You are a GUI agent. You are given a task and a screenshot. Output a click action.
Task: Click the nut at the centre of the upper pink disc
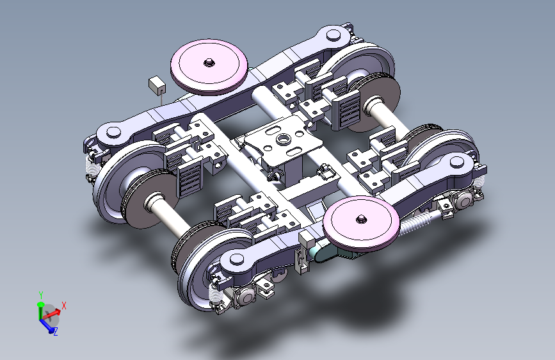coord(209,63)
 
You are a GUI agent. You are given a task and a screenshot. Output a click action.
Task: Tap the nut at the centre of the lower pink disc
coord(361,218)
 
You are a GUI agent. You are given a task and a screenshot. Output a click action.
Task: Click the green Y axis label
coord(41,295)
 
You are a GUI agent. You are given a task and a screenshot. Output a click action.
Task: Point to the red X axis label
coord(64,306)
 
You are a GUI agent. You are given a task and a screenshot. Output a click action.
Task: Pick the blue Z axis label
coord(56,332)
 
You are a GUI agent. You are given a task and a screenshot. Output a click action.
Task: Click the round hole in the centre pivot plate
coord(283,139)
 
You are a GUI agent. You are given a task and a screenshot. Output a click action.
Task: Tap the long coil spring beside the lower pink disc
coord(415,222)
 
